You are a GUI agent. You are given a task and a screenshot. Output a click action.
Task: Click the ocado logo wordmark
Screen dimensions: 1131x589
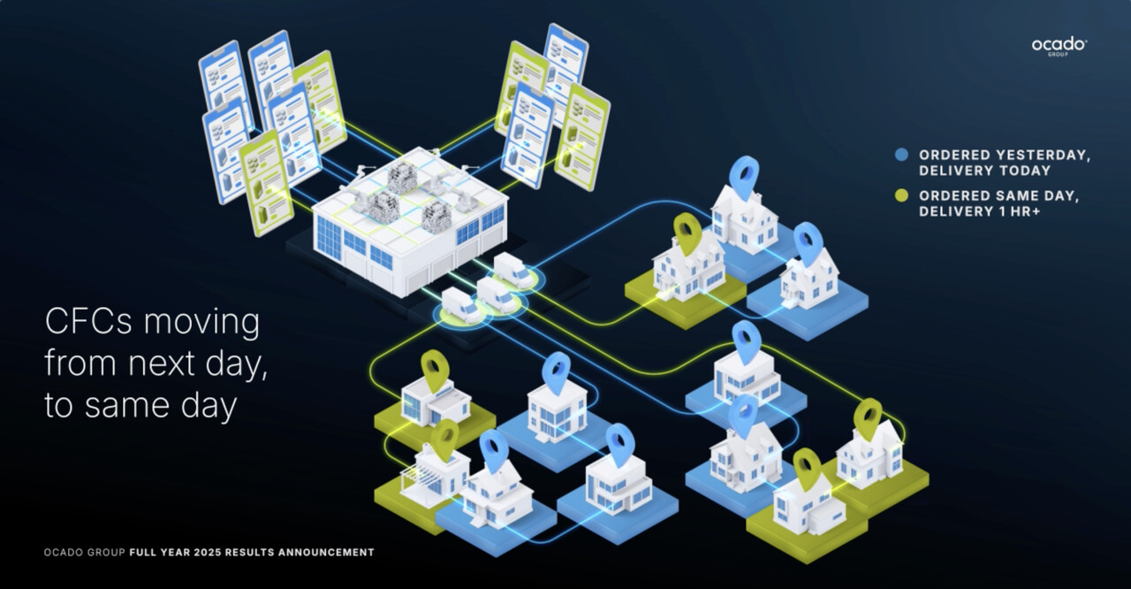[x=1059, y=43]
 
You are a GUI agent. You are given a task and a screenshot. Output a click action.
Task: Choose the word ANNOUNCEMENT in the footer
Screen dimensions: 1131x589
[x=326, y=553]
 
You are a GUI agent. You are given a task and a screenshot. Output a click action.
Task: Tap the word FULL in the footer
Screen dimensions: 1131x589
[x=141, y=553]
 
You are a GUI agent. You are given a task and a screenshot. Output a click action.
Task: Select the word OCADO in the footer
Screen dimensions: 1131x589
[x=60, y=553]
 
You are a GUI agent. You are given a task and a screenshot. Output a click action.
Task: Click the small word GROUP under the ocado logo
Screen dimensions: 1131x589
[x=1058, y=56]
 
